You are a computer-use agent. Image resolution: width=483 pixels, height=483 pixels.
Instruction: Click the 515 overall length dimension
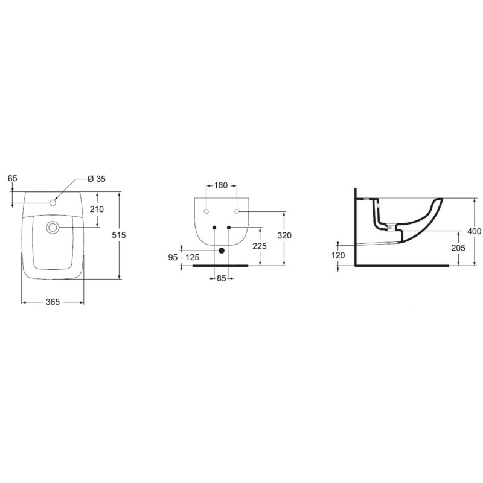119,235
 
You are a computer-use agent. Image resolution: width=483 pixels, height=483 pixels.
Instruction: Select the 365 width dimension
53,302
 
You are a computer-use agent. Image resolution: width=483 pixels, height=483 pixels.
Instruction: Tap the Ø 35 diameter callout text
97,179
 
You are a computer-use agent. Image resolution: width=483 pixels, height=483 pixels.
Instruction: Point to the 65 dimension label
13,178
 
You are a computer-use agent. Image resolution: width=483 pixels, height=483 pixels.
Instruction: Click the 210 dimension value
97,209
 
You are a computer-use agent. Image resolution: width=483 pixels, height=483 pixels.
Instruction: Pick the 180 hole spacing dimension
221,185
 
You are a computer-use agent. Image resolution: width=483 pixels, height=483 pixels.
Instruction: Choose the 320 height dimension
284,235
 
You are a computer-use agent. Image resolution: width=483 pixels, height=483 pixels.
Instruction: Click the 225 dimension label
260,246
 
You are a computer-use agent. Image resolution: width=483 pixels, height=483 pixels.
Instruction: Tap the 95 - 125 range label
184,257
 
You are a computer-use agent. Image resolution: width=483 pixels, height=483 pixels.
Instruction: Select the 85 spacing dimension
222,278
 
